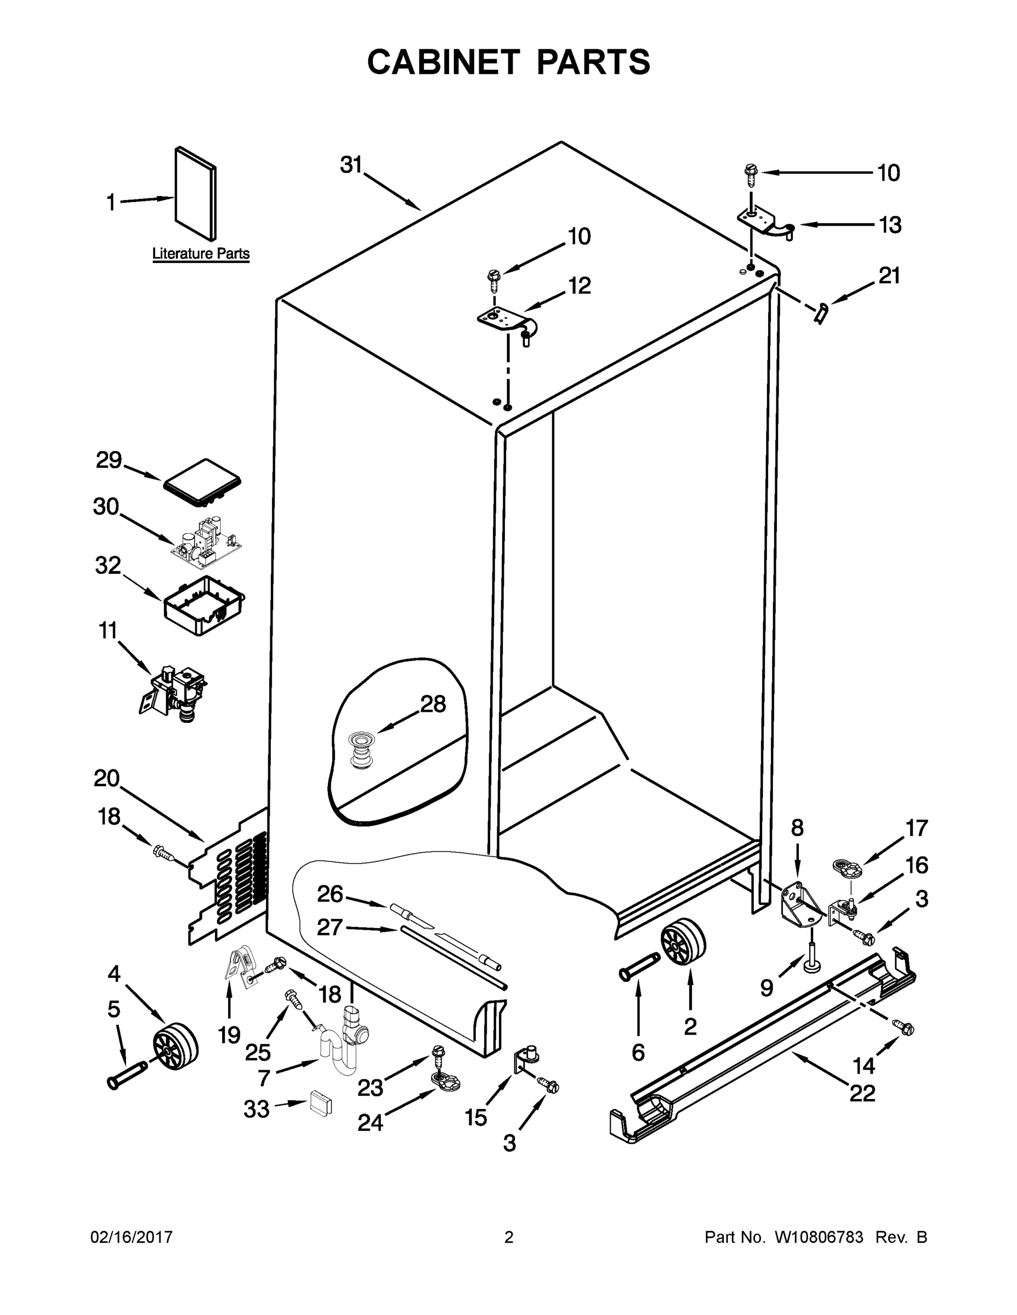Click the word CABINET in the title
tap(444, 62)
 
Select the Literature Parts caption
tap(201, 254)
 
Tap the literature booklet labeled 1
tap(195, 193)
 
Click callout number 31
tap(351, 164)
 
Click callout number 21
tap(889, 276)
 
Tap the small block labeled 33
tap(321, 1102)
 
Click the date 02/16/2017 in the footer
tap(132, 1237)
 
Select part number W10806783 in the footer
tap(818, 1237)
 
